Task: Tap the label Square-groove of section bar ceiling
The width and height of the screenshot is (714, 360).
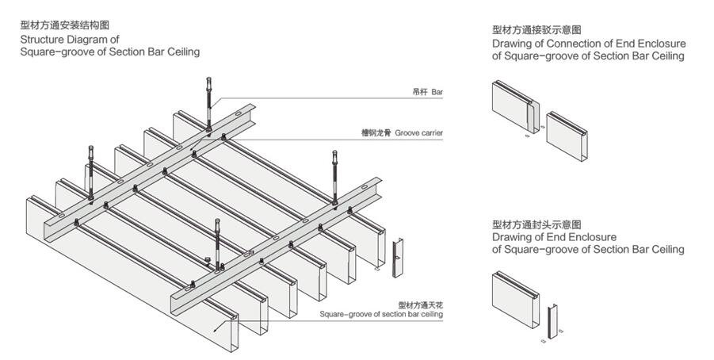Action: point(381,314)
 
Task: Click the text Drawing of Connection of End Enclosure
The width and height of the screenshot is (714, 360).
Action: point(589,43)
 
